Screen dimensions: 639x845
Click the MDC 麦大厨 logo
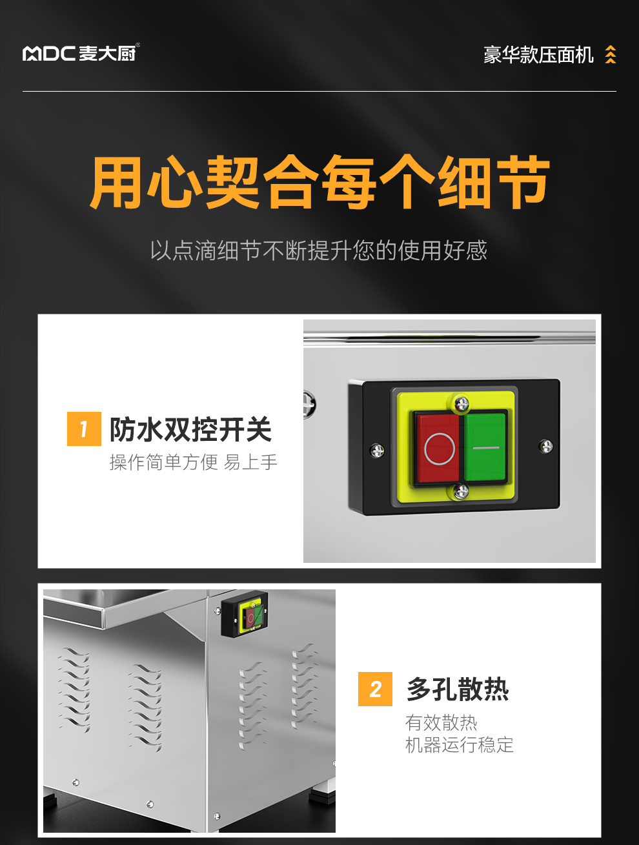[81, 52]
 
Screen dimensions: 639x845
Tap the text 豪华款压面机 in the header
[538, 55]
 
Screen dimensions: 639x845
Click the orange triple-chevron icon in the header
[611, 54]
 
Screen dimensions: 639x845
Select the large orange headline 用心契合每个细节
[319, 182]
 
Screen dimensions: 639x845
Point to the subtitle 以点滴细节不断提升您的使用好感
[319, 250]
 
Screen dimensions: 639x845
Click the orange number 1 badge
[84, 429]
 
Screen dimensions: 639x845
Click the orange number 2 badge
[375, 689]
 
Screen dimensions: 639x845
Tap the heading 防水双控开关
[190, 429]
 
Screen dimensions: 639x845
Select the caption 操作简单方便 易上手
[193, 462]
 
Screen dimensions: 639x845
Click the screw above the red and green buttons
[461, 404]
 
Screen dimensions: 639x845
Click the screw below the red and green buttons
[461, 491]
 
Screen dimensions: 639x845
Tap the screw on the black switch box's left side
[377, 451]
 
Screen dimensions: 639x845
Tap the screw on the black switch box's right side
[546, 446]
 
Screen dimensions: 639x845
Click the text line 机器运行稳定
[459, 745]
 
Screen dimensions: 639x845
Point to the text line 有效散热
[441, 722]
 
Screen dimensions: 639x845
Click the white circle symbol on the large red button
[440, 449]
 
